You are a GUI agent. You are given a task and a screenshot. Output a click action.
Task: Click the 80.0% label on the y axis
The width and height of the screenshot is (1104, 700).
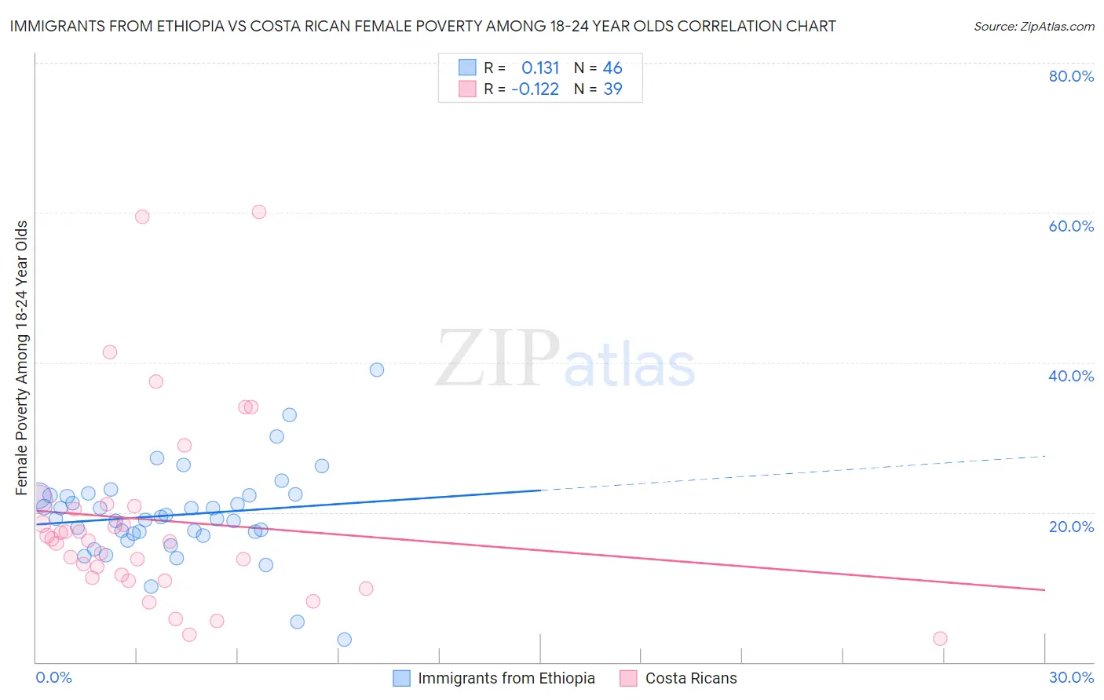1071,76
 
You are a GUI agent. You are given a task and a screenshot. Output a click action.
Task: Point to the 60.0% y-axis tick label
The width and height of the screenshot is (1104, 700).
1071,226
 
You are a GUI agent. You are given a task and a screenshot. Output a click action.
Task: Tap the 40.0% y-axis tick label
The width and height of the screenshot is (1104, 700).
1071,376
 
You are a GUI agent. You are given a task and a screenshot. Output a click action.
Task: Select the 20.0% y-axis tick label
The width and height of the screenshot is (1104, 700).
1071,526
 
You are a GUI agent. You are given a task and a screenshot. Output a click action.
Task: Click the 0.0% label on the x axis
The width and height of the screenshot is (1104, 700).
53,677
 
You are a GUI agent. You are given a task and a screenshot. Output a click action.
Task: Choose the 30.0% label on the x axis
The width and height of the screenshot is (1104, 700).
1071,677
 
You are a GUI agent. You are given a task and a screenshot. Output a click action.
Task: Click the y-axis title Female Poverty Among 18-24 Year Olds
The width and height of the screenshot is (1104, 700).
22,358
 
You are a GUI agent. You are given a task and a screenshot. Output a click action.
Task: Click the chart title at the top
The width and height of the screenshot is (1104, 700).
422,26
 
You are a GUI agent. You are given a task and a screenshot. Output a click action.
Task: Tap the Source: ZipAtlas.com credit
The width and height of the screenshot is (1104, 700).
1033,26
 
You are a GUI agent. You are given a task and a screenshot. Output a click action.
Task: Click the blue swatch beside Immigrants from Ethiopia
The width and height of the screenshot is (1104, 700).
401,678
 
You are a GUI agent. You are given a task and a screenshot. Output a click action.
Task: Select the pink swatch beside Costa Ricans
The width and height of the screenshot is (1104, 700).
628,678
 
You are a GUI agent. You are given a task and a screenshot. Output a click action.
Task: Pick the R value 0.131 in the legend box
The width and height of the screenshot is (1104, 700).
540,67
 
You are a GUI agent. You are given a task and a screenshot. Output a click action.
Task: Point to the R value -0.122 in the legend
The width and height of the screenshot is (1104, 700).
535,89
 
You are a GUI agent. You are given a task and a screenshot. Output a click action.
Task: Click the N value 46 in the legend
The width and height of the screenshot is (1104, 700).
612,67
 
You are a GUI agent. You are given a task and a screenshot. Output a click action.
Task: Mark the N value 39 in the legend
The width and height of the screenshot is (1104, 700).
612,89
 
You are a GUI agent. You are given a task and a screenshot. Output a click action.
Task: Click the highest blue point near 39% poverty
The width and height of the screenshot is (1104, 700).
377,370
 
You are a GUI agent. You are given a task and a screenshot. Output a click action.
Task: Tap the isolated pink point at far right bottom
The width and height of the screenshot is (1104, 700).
940,639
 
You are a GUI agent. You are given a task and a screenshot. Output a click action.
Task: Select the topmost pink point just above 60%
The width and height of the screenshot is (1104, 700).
259,212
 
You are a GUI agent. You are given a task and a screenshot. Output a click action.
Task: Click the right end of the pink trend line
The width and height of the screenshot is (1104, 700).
1044,589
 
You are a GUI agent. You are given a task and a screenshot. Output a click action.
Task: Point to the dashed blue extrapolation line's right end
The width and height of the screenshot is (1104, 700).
1044,456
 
